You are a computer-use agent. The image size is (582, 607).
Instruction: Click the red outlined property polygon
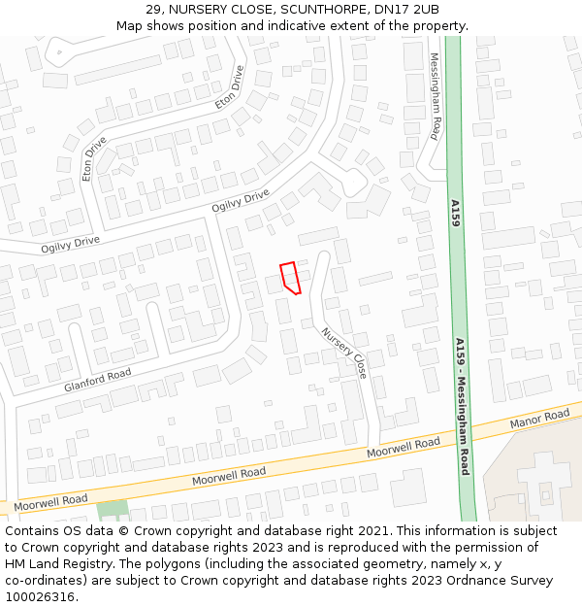click(289, 277)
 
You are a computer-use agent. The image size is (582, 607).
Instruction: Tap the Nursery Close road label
click(345, 352)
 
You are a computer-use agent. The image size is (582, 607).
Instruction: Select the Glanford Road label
click(97, 380)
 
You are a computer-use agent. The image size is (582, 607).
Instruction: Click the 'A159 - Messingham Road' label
click(463, 406)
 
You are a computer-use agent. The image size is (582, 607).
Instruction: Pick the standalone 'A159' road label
click(454, 214)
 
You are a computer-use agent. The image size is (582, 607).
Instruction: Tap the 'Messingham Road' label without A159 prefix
click(436, 96)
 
